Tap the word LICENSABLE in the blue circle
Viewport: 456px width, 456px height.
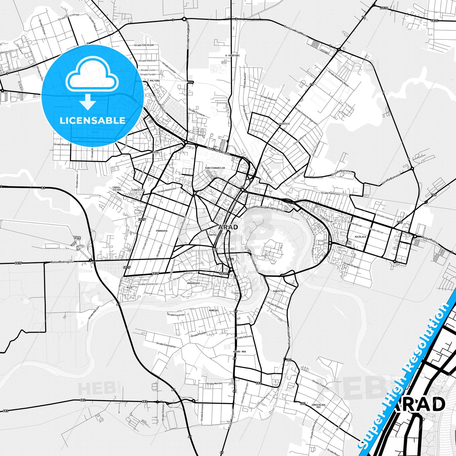(x=92, y=121)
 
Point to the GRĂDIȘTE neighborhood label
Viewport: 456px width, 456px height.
(x=284, y=124)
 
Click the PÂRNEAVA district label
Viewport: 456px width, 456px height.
(x=162, y=231)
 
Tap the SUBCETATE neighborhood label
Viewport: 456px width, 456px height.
(x=279, y=291)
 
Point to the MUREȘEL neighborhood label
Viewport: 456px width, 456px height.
(x=214, y=311)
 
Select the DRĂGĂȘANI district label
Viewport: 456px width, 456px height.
(x=193, y=283)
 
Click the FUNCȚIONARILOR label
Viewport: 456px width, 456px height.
(x=215, y=168)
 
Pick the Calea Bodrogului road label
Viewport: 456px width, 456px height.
(x=63, y=262)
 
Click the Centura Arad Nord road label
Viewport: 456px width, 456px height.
(x=295, y=31)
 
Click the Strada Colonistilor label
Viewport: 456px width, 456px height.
(x=166, y=345)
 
